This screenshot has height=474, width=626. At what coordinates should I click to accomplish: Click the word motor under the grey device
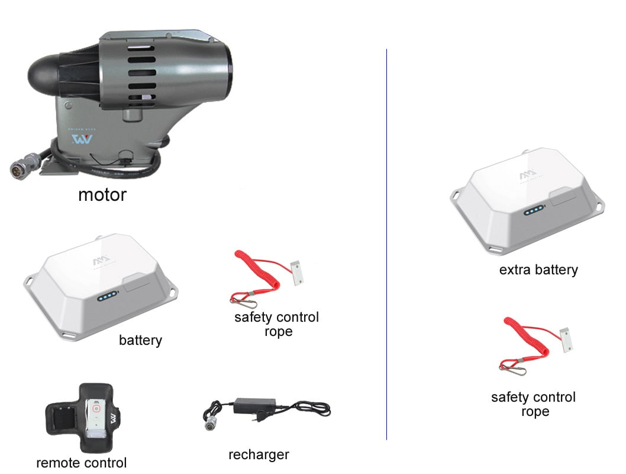click(x=102, y=195)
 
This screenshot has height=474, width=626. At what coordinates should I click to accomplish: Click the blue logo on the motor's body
click(x=82, y=139)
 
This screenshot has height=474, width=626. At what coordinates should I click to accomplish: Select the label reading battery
click(x=141, y=340)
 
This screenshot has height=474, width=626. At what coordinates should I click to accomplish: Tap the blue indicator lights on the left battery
click(x=107, y=297)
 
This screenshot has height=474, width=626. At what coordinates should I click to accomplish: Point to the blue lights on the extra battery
click(x=534, y=210)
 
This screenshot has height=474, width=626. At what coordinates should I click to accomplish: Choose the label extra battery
click(x=538, y=270)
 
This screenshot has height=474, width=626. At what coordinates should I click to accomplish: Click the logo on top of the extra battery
click(x=528, y=175)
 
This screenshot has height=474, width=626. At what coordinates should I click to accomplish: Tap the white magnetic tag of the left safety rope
click(x=296, y=273)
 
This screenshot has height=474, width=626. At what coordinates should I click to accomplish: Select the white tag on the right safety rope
click(x=566, y=340)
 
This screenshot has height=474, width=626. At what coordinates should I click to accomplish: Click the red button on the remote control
click(x=96, y=408)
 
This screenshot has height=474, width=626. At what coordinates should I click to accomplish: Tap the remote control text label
click(x=82, y=463)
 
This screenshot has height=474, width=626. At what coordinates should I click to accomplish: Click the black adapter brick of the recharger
click(x=255, y=405)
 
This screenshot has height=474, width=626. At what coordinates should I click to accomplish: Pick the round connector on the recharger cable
click(x=209, y=425)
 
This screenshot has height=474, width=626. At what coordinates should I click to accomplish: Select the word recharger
click(x=259, y=455)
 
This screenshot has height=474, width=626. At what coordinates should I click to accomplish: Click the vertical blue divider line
click(x=386, y=244)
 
